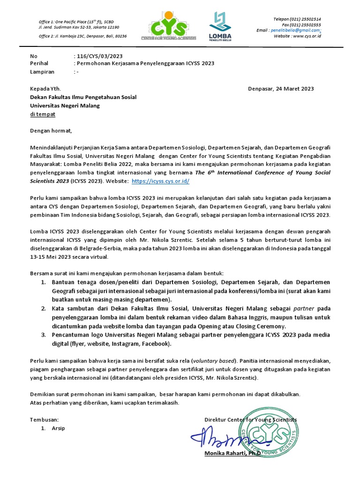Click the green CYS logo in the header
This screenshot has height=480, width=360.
(x=169, y=28)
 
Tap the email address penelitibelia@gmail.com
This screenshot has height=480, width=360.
(x=295, y=30)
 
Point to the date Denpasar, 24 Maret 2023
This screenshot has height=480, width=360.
(x=280, y=89)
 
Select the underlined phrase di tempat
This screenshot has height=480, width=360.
(x=42, y=114)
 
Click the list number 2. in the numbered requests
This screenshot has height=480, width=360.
(x=43, y=308)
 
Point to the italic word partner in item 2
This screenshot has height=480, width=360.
(x=304, y=308)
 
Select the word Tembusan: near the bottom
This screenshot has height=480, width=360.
(x=45, y=420)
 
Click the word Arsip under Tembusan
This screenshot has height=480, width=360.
(x=59, y=428)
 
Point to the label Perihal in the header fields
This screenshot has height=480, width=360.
(x=39, y=64)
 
